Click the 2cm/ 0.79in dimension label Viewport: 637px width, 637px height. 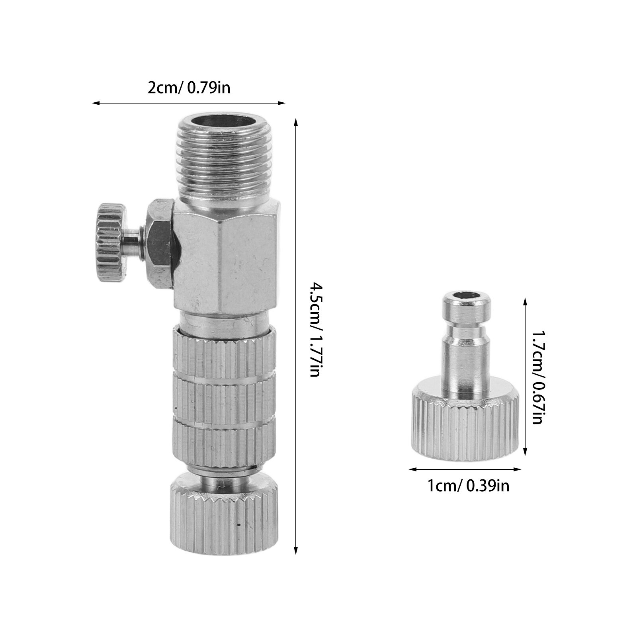coord(189,87)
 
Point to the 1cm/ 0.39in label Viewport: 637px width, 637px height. coord(468,486)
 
